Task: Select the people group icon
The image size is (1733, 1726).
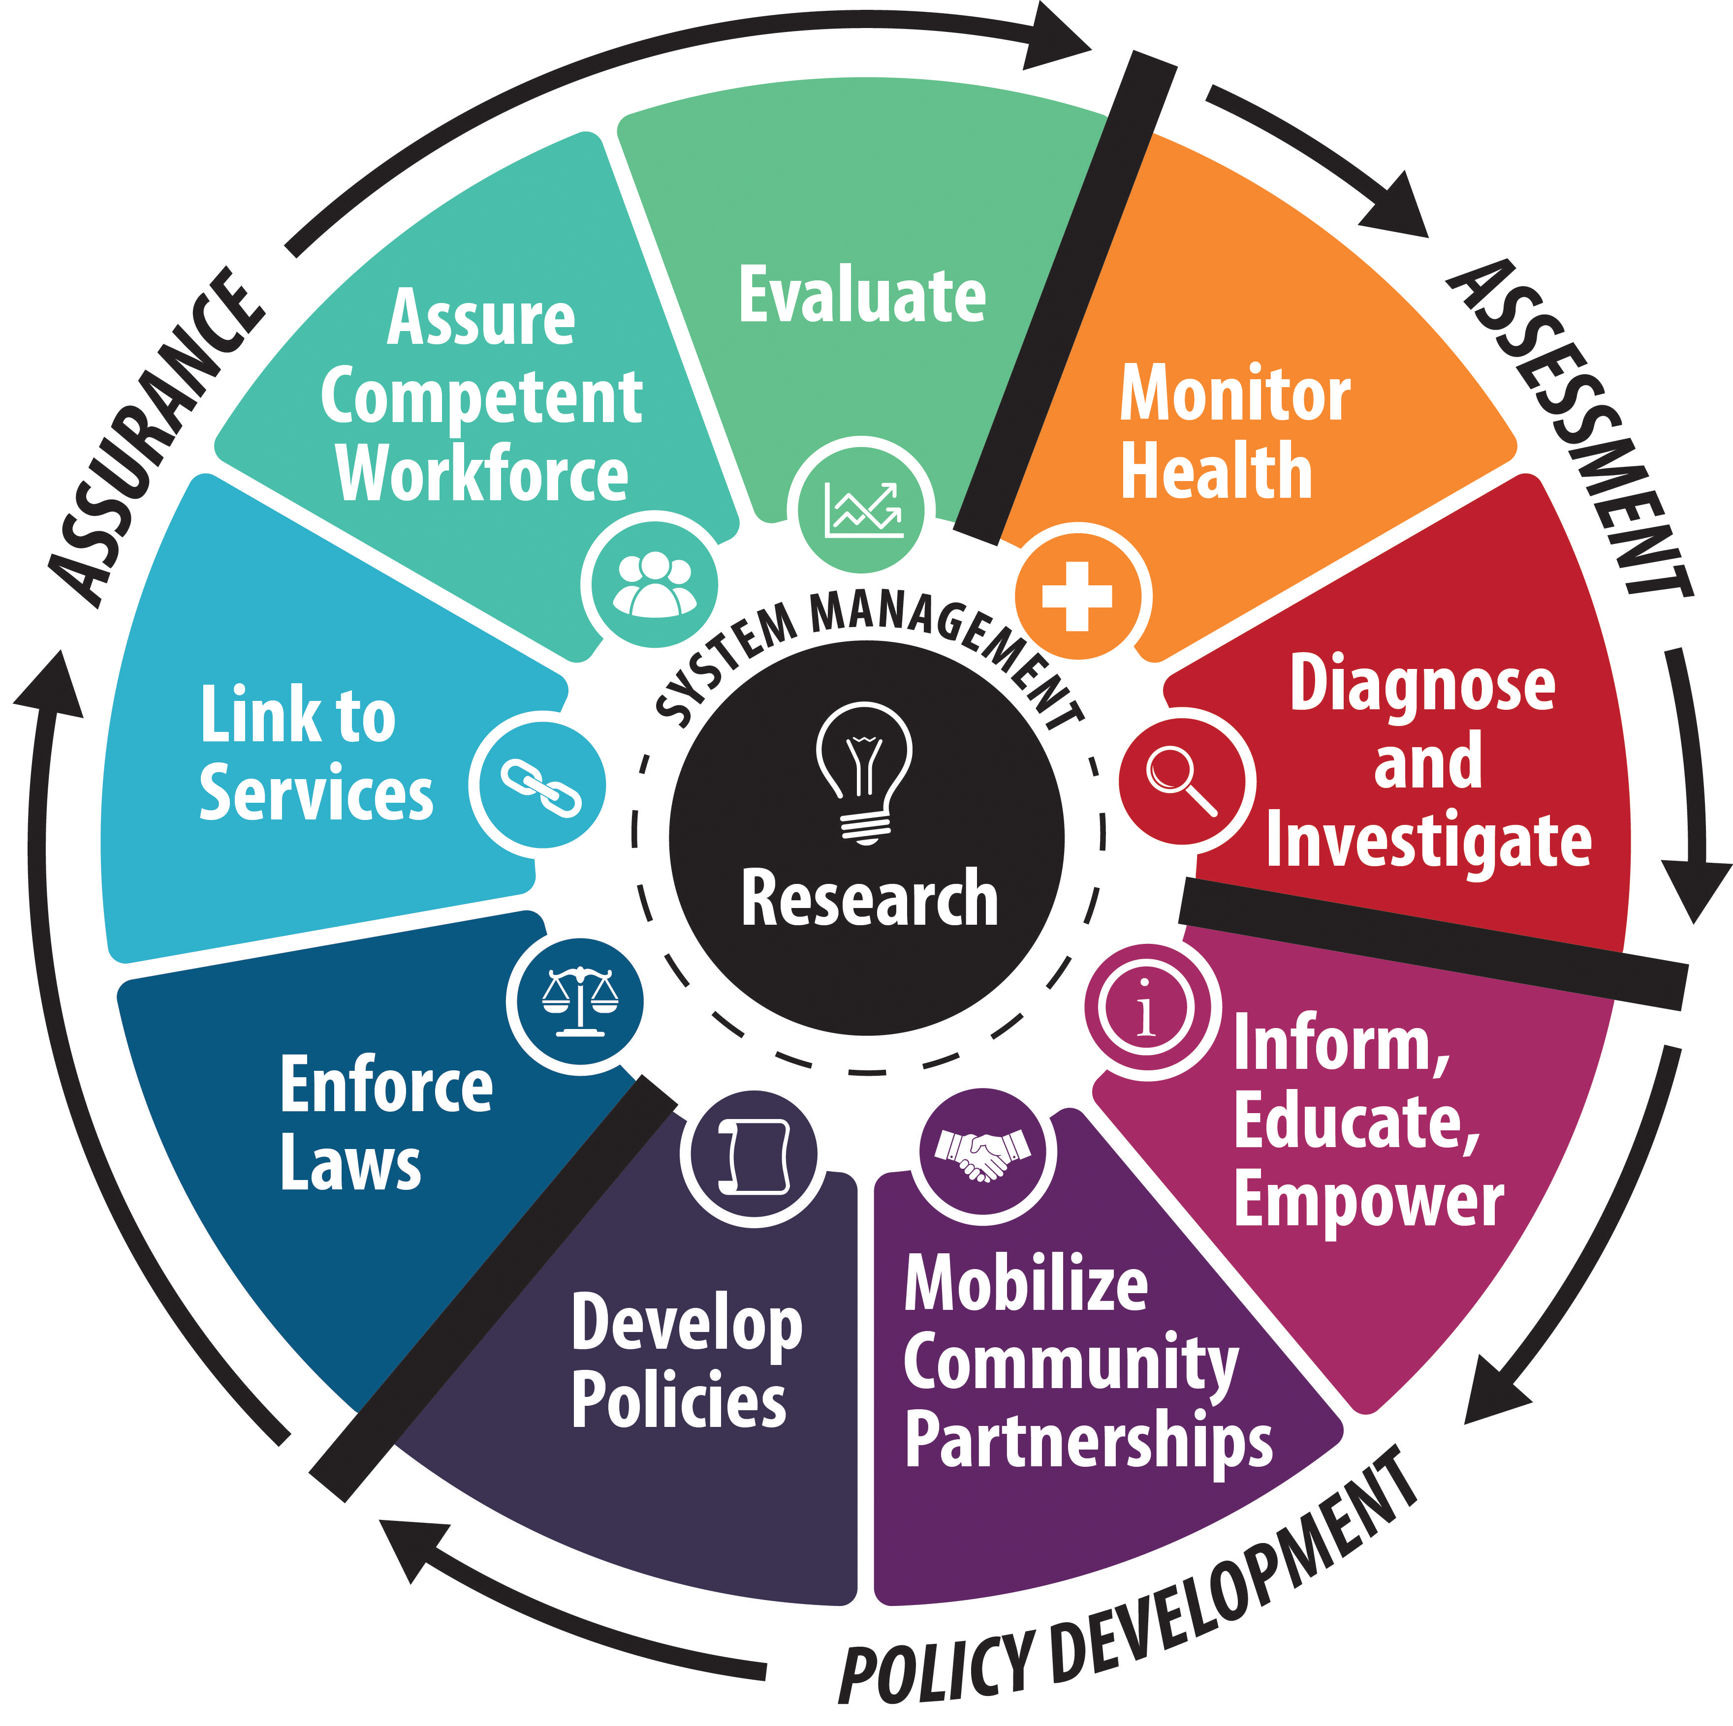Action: click(654, 584)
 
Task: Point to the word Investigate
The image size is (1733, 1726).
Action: click(1429, 840)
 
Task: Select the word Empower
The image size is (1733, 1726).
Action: click(1369, 1202)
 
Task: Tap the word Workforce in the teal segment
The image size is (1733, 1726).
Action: click(482, 473)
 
